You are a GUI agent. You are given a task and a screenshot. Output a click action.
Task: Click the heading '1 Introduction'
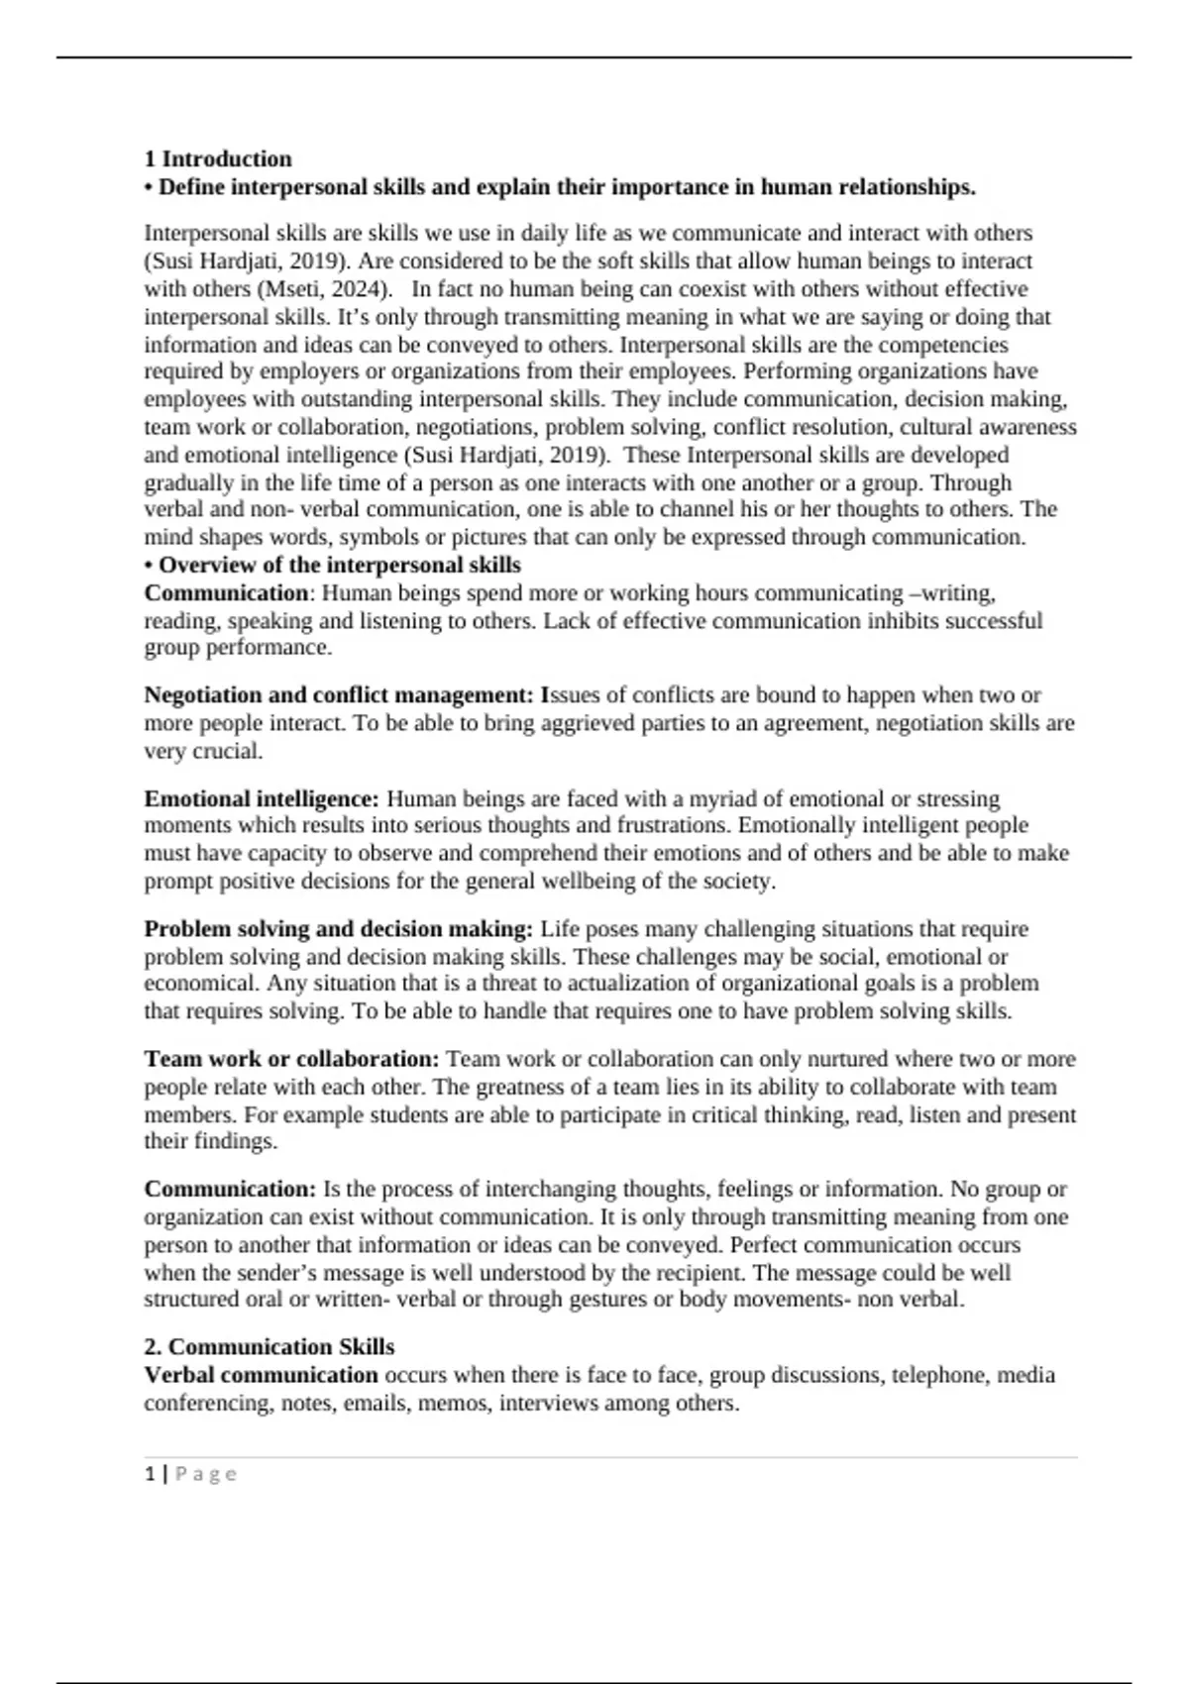point(218,159)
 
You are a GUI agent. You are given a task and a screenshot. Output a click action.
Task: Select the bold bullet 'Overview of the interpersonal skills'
point(340,566)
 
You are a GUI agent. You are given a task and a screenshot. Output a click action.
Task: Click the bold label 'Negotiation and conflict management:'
point(339,695)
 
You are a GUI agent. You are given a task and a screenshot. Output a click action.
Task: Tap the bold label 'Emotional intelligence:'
point(262,799)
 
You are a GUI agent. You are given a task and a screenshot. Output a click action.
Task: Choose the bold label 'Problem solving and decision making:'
point(338,929)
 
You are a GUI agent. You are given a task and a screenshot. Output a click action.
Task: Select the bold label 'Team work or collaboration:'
point(291,1059)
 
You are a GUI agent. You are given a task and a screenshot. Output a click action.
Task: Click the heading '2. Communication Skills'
point(270,1347)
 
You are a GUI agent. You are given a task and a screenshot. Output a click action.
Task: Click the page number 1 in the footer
point(150,1474)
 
